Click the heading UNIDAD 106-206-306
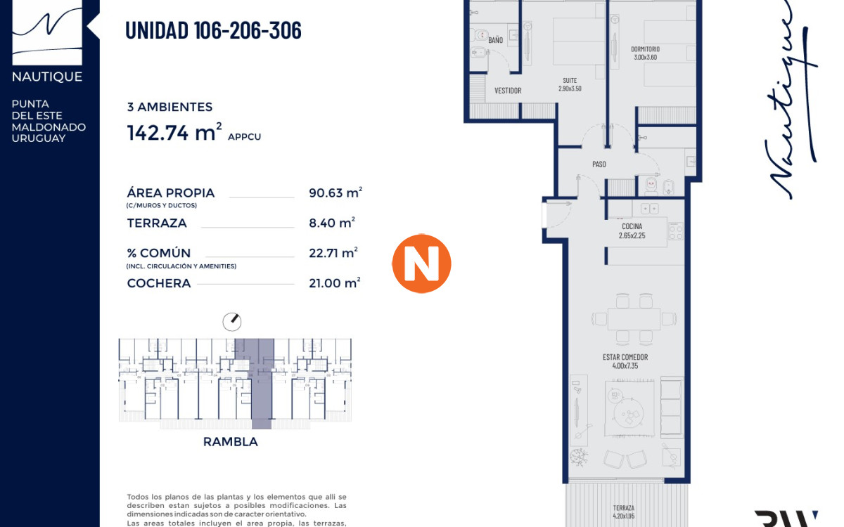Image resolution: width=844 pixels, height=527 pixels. click(x=213, y=31)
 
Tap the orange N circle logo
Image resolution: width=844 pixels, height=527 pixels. click(x=421, y=263)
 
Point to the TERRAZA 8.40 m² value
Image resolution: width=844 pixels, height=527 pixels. click(x=332, y=223)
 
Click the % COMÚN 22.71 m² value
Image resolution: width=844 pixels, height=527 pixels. click(x=333, y=253)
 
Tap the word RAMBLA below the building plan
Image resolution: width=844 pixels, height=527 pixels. click(x=230, y=442)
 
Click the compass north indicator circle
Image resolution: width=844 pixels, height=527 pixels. click(x=231, y=322)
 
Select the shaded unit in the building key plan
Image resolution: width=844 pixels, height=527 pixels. click(x=261, y=383)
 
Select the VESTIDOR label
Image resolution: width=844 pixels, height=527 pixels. click(x=508, y=91)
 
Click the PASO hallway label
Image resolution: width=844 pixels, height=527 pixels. click(x=599, y=164)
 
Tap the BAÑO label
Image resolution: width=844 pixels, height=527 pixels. click(x=496, y=40)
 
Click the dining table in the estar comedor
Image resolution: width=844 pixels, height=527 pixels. click(x=634, y=318)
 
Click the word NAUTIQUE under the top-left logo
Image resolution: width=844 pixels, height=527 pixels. click(x=47, y=77)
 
